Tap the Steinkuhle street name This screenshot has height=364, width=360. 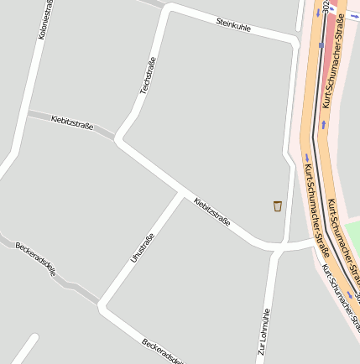[x=233, y=25]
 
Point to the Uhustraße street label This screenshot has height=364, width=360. [x=143, y=247]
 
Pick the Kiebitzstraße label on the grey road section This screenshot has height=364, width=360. [x=71, y=125]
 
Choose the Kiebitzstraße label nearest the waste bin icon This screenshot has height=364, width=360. [x=211, y=212]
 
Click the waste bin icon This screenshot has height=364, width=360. [x=278, y=205]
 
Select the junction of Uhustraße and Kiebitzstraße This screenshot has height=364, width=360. [x=180, y=194]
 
